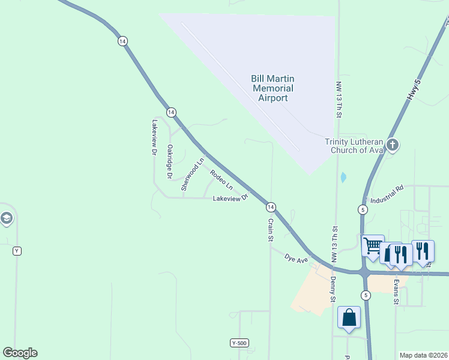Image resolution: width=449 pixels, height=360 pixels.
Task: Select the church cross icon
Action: (393, 145)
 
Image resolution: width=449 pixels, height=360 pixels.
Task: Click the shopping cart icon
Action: (373, 245)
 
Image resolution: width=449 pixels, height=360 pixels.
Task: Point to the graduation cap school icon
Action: (6, 218)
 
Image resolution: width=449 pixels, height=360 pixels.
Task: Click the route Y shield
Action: (17, 251)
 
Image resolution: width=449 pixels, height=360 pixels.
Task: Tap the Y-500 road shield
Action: (238, 343)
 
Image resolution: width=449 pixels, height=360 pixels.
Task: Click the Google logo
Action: (20, 353)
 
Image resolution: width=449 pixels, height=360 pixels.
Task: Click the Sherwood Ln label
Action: (193, 174)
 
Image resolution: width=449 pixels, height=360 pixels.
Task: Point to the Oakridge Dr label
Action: (170, 161)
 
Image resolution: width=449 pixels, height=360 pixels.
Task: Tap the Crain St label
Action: (271, 230)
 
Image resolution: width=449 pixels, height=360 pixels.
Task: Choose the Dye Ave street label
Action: (297, 259)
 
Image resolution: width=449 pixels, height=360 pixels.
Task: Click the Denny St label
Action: (332, 289)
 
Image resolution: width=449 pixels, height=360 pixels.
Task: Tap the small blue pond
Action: (342, 178)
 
